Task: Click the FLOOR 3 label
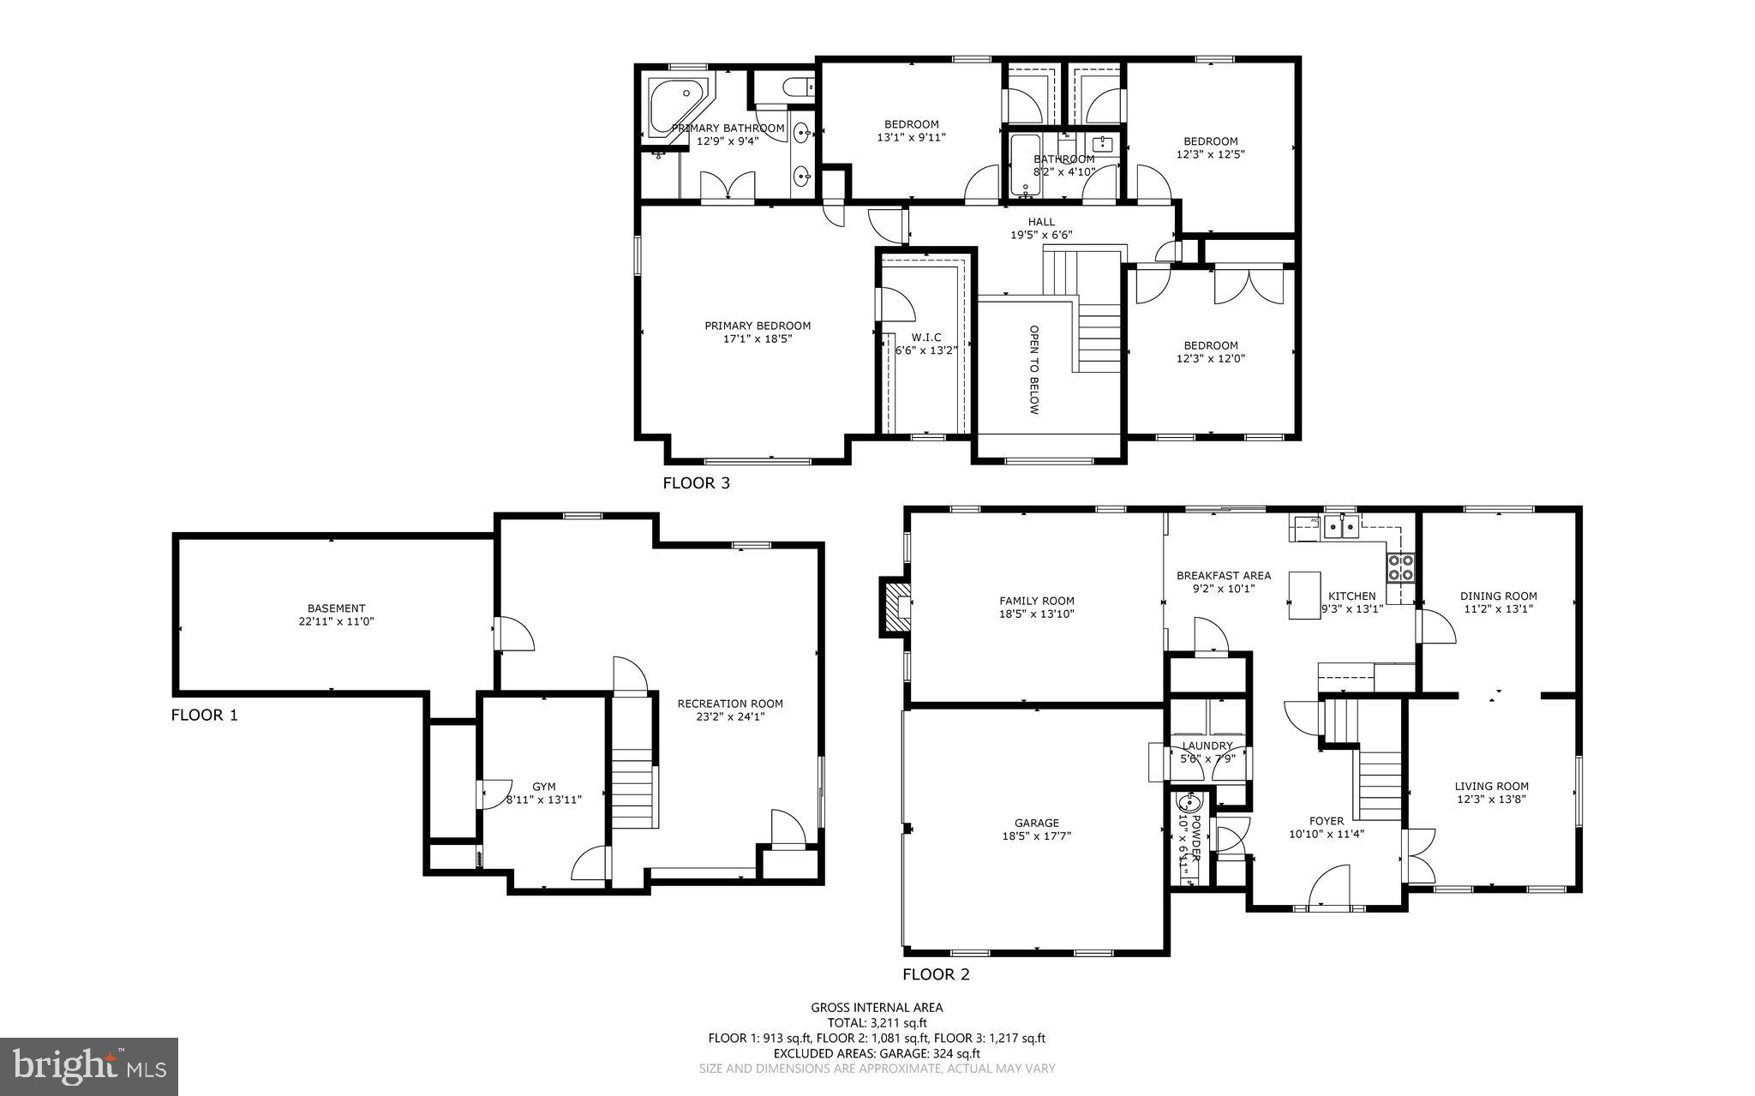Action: pos(696,483)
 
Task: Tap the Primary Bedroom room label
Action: pos(758,326)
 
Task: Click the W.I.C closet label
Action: pos(925,338)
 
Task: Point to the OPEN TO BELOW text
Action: pos(1033,369)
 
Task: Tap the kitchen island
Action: pos(1304,595)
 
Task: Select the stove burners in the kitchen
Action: pos(1400,568)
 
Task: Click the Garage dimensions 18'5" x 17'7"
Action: pos(1037,836)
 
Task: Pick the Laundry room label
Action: pos(1207,746)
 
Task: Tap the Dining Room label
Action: pos(1498,596)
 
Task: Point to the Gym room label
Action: pos(543,787)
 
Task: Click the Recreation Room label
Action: pos(730,704)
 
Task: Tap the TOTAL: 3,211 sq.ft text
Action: pos(877,1022)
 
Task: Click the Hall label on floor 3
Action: pos(1041,222)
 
